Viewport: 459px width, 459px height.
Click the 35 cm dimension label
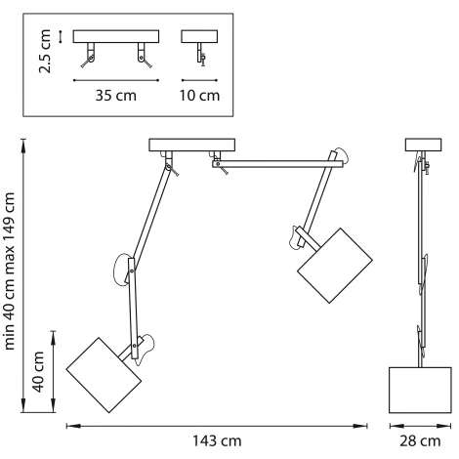coord(116,96)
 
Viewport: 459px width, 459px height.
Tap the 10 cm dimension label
coord(199,96)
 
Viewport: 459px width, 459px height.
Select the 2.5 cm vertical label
coord(45,51)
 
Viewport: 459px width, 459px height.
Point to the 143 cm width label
coord(217,441)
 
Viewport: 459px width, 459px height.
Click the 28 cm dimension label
coord(420,441)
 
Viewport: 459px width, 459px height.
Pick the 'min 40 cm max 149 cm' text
coord(10,271)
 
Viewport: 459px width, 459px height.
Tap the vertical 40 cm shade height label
coord(38,371)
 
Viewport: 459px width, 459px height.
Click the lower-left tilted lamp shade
coord(104,375)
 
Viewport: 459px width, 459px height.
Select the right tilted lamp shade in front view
coord(335,266)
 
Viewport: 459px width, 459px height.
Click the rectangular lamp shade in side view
coord(420,390)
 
